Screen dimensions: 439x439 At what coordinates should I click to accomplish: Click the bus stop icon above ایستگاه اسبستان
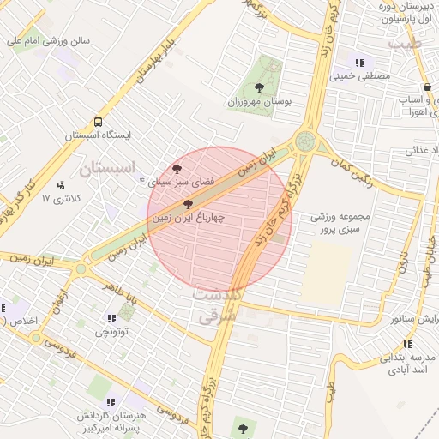coord(98,122)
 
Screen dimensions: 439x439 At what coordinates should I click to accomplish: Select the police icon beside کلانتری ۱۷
coord(61,184)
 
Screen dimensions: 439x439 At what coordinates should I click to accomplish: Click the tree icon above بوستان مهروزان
coord(259,87)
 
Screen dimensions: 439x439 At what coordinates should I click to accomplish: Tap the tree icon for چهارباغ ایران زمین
coord(189,204)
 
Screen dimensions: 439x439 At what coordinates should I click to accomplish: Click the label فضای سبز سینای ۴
coord(176,183)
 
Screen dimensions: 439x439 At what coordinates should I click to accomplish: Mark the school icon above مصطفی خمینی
coord(360,62)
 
